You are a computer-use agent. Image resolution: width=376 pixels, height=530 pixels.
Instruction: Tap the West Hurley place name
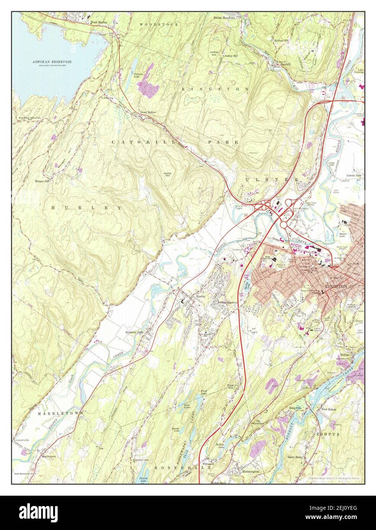[98, 22]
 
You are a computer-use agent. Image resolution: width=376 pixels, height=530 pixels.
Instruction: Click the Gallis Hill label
[168, 174]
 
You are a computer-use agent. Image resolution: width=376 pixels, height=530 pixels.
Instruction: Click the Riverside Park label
[134, 332]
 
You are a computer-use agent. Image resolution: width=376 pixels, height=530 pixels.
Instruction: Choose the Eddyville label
[295, 408]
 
